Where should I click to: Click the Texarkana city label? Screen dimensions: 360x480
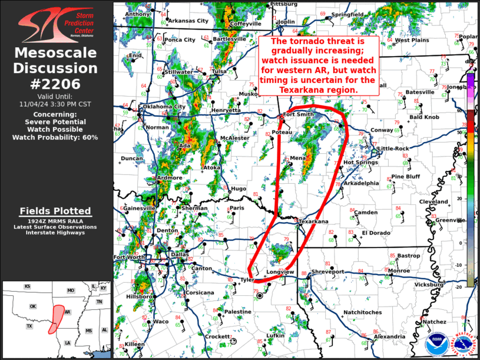click(x=313, y=222)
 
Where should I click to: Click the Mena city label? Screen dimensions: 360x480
click(x=297, y=158)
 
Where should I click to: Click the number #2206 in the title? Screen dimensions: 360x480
click(x=56, y=84)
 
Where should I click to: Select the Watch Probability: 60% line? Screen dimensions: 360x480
click(x=55, y=137)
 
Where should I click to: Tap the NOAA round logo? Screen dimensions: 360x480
click(x=437, y=344)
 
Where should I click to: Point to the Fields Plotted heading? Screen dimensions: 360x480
click(x=55, y=211)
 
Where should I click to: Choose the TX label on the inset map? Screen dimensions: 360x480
click(x=29, y=326)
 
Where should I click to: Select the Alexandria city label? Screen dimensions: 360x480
click(x=389, y=336)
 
